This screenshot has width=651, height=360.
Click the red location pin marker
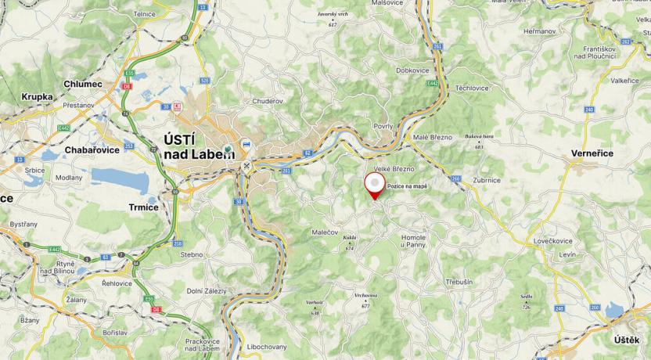[376, 185]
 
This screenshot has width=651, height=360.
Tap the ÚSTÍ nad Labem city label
[198, 146]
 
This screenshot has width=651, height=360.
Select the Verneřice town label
[592, 153]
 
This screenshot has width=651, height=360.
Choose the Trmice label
[143, 207]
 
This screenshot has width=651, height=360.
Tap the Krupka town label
[37, 97]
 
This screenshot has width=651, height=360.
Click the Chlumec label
[83, 84]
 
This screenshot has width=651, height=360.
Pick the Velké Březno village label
[394, 169]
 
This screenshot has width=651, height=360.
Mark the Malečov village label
[325, 232]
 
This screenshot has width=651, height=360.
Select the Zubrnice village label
[487, 180]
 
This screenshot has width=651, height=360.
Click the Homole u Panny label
[413, 241]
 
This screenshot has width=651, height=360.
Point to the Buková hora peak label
[479, 136]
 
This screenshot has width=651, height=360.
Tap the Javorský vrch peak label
[332, 15]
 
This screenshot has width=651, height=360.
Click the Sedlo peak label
[527, 297]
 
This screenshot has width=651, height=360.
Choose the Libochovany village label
[267, 346]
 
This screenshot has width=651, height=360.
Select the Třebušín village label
[459, 282]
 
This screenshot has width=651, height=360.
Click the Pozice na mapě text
[408, 185]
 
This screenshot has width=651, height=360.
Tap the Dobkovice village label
[412, 70]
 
